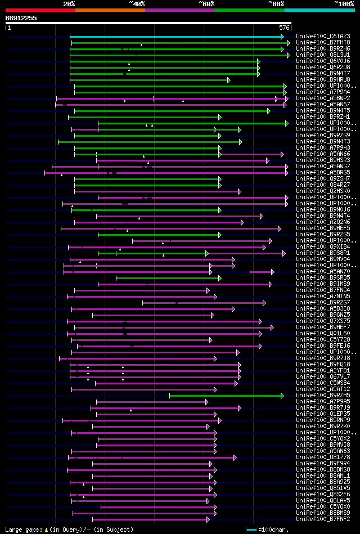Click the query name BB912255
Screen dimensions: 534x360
coord(21,18)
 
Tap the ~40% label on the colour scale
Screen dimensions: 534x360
coord(137,3)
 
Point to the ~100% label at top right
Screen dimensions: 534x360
coord(344,3)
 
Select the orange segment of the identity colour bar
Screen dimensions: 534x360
coord(110,10)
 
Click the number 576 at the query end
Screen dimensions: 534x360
coord(284,27)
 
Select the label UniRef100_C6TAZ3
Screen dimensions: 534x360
coord(318,37)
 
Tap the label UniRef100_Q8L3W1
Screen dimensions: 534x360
coord(318,55)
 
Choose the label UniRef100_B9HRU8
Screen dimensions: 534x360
coord(318,80)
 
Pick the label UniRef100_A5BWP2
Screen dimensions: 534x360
coord(318,98)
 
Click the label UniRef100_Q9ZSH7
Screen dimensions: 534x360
coord(318,179)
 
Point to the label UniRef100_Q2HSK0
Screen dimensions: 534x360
coord(318,191)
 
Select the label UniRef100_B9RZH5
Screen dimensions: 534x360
coord(318,396)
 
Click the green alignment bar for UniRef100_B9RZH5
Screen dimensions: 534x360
coord(225,396)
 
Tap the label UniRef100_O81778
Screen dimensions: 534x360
coord(318,457)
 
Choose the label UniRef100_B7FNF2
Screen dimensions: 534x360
coord(318,519)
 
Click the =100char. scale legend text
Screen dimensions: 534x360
coord(273,529)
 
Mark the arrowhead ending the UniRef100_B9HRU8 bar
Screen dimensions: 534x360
coord(228,80)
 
